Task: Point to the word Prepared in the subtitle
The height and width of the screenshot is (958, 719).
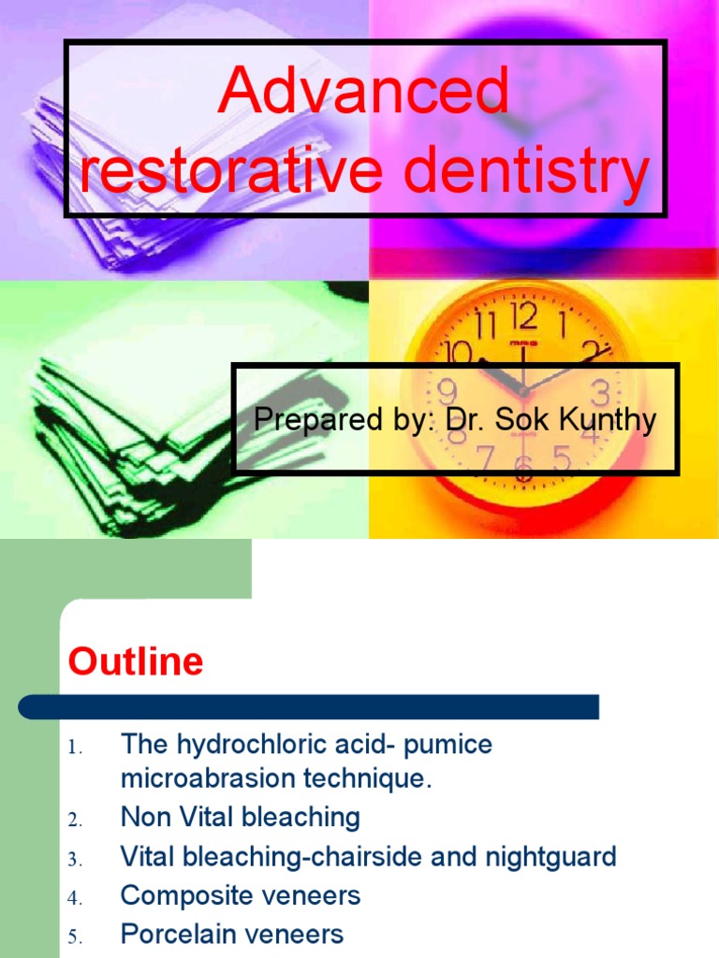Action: point(301,421)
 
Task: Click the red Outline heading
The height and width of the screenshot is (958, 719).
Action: point(136,662)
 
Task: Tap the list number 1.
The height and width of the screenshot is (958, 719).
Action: point(76,748)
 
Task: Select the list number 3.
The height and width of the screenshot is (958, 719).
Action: point(76,858)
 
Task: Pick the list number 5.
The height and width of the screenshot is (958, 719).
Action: point(76,936)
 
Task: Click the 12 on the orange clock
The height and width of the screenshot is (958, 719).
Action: point(524,318)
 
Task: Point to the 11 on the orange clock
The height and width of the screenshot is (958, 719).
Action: point(485,328)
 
